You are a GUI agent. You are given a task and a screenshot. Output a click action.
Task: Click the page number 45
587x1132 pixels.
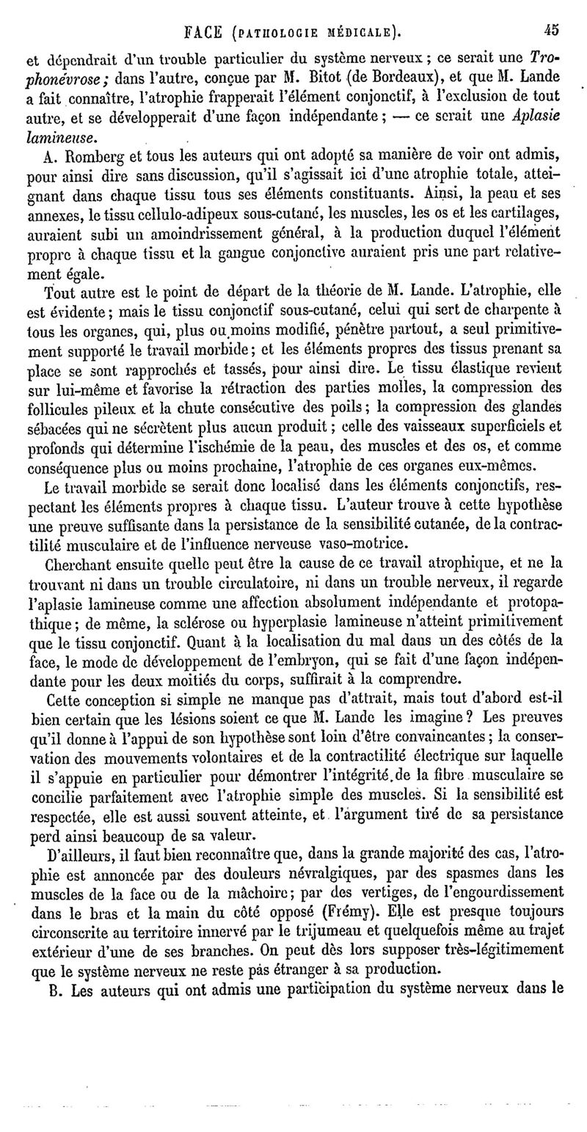coord(552,30)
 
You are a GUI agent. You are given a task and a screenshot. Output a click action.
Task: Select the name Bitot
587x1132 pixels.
coord(324,76)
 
